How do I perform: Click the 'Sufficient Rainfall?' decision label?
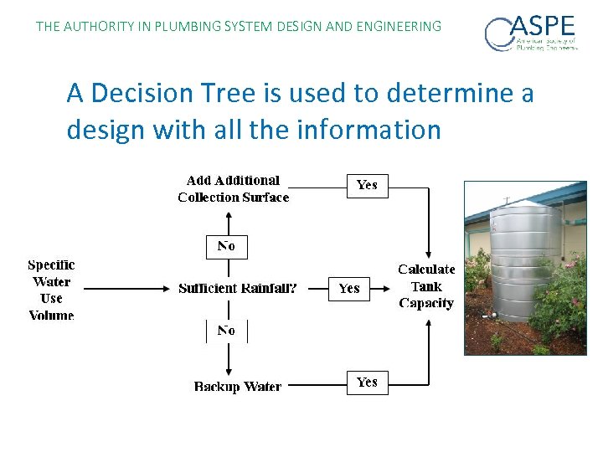coord(237,288)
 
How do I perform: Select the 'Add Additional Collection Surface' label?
coord(233,189)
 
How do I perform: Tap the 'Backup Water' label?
coord(238,386)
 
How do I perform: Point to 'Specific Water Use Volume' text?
coord(51,290)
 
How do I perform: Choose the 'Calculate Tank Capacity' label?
coord(426,286)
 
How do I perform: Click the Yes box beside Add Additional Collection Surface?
coord(367,185)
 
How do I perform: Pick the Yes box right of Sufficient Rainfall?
coord(349,288)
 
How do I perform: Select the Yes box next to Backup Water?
coord(367,382)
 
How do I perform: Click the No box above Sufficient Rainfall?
coord(226,246)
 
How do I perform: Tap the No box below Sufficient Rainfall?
coord(226,331)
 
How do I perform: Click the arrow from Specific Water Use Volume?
coord(126,288)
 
